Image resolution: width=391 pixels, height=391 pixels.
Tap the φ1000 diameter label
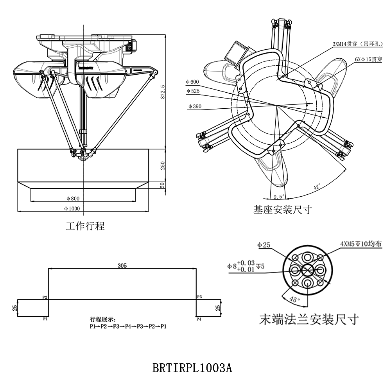point(72,208)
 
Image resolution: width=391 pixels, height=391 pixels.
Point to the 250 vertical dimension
point(163,165)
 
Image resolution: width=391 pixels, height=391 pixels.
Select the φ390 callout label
point(194,106)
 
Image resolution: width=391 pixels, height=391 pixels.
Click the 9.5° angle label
point(279,196)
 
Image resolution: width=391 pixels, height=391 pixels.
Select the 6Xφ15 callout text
point(368,59)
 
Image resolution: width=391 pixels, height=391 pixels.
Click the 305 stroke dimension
point(122,265)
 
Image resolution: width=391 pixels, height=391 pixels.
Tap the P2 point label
point(45,297)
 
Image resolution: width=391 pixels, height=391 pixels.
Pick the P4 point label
point(199,319)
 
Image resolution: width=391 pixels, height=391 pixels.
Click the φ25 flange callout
point(264,245)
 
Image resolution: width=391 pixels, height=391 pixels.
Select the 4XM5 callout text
point(361,244)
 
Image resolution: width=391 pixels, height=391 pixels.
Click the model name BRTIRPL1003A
point(192,368)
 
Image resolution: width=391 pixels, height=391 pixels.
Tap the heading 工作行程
point(85,226)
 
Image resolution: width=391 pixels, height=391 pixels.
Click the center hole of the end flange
point(307,269)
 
